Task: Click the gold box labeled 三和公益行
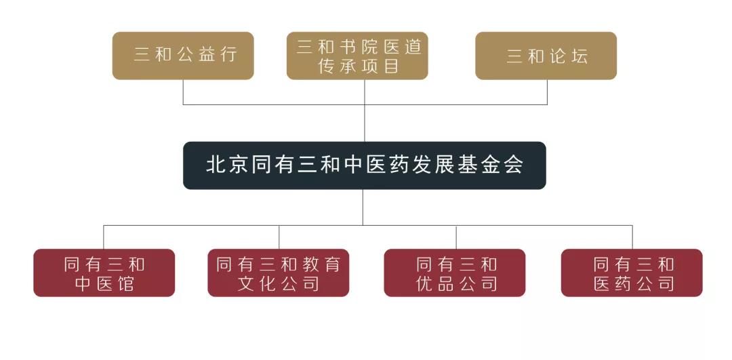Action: pyautogui.click(x=183, y=56)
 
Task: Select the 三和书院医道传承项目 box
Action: pyautogui.click(x=357, y=56)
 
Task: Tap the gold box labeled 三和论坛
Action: pyautogui.click(x=546, y=56)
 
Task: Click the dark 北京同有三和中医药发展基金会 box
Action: pyautogui.click(x=364, y=165)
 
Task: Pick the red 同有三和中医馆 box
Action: pyautogui.click(x=104, y=273)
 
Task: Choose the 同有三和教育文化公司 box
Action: pyautogui.click(x=279, y=273)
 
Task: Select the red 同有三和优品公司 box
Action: pyautogui.click(x=455, y=273)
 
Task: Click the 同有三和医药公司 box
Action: pyautogui.click(x=632, y=273)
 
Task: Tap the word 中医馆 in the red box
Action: pyautogui.click(x=104, y=283)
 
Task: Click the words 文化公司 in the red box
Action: pyautogui.click(x=279, y=283)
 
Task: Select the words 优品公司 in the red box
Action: pyautogui.click(x=456, y=283)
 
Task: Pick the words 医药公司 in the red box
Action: pyautogui.click(x=634, y=283)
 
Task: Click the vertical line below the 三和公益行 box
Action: pyautogui.click(x=183, y=92)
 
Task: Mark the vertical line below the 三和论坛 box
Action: pyautogui.click(x=547, y=92)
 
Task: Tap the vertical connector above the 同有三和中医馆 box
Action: pyautogui.click(x=104, y=237)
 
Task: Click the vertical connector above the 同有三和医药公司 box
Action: pyautogui.click(x=632, y=237)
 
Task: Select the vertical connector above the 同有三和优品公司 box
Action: pyautogui.click(x=456, y=237)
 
